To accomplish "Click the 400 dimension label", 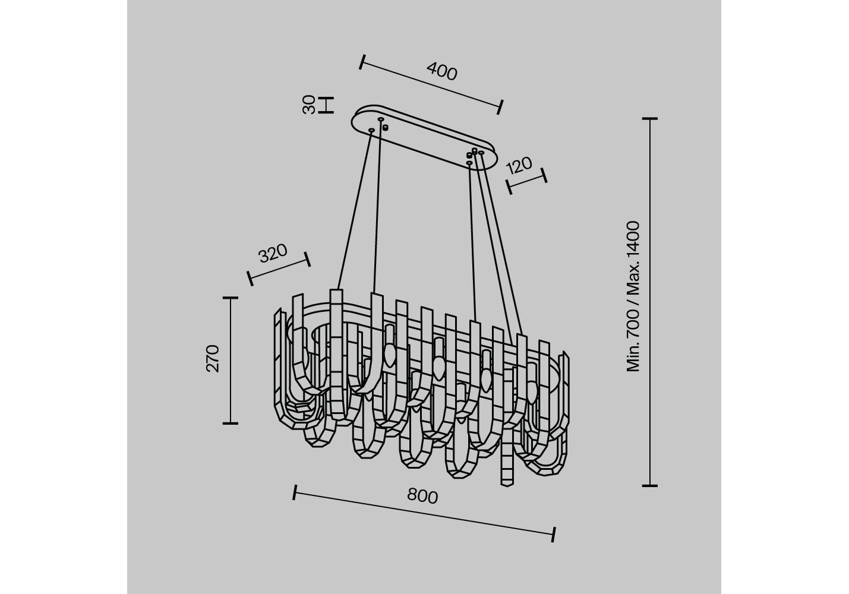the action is point(442,71).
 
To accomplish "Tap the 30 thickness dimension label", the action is point(309,105).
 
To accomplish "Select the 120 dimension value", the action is point(519,165).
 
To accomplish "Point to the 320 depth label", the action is point(273,254).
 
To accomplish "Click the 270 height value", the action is point(213,358).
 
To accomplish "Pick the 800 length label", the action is point(422,496).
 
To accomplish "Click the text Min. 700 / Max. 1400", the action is point(633,296).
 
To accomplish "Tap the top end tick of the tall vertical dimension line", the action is point(649,119).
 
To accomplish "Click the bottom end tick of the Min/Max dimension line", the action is point(649,485).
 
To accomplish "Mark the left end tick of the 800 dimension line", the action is point(295,492).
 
